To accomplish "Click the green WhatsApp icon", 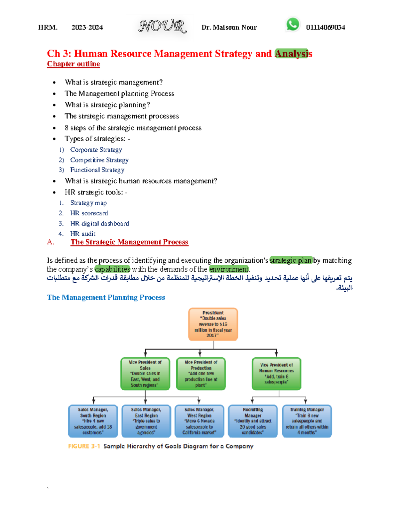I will (x=293, y=24).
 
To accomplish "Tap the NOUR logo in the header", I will (x=162, y=26).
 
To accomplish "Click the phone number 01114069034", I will (x=326, y=27).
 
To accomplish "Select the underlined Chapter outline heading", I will (x=73, y=64).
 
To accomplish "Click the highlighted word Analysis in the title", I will (x=293, y=54).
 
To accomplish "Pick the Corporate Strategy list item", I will (x=96, y=150).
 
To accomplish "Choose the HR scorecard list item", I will (x=89, y=213).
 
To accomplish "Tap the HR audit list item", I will (x=82, y=234).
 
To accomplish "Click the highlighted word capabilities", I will (x=112, y=269).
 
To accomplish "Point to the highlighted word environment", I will (x=229, y=269).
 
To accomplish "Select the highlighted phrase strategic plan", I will (x=291, y=260).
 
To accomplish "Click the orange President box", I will (x=213, y=324).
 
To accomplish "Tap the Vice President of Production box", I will (x=201, y=374).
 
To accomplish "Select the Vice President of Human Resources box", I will (x=277, y=374).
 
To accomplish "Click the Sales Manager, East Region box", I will (x=146, y=421).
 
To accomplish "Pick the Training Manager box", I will (x=307, y=421).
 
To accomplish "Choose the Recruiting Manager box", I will (x=253, y=421).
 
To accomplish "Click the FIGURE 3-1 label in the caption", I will (x=84, y=446).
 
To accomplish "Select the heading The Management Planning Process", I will (x=106, y=297).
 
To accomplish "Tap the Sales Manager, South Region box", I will (x=93, y=421).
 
